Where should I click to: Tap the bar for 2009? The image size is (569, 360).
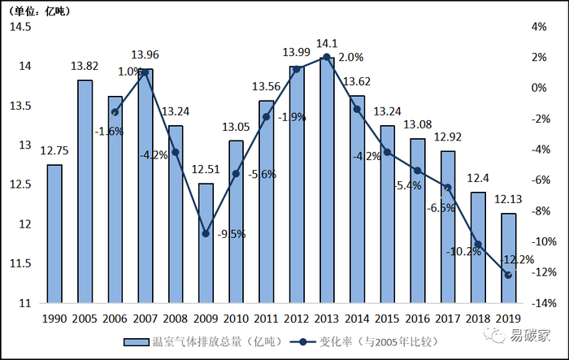coord(206,243)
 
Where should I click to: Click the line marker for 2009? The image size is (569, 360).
coord(206,233)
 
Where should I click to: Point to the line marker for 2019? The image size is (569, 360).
coord(508,275)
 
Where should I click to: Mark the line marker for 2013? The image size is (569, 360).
coord(327,57)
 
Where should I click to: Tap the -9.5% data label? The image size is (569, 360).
coord(231,234)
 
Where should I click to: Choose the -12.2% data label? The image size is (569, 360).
coord(519,259)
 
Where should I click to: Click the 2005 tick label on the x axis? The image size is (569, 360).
coord(85,319)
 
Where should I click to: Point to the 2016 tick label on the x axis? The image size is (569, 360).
coord(418,319)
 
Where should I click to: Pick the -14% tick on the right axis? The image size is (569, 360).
coord(538,303)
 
